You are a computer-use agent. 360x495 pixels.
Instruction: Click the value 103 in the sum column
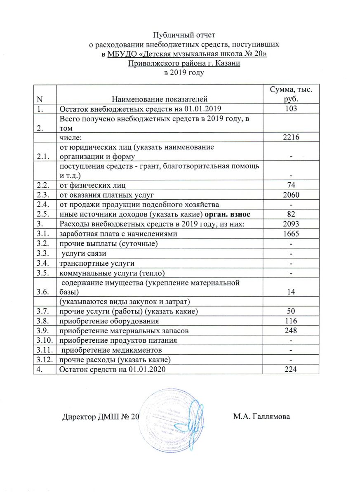point(291,109)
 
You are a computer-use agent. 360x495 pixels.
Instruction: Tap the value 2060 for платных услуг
point(291,194)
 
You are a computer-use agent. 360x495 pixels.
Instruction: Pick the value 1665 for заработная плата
point(291,234)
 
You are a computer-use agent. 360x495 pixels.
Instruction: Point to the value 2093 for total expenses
point(291,224)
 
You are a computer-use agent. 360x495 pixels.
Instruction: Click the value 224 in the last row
point(291,369)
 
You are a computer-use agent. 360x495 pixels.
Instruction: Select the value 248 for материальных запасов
point(291,330)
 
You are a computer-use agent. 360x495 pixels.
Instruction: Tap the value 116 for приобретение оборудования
point(291,321)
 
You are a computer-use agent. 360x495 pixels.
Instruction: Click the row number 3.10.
point(44,340)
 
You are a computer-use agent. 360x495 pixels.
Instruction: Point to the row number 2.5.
point(42,214)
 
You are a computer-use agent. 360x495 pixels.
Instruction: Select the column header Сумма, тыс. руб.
point(291,94)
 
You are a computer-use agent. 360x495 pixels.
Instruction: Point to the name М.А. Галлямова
point(261,417)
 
